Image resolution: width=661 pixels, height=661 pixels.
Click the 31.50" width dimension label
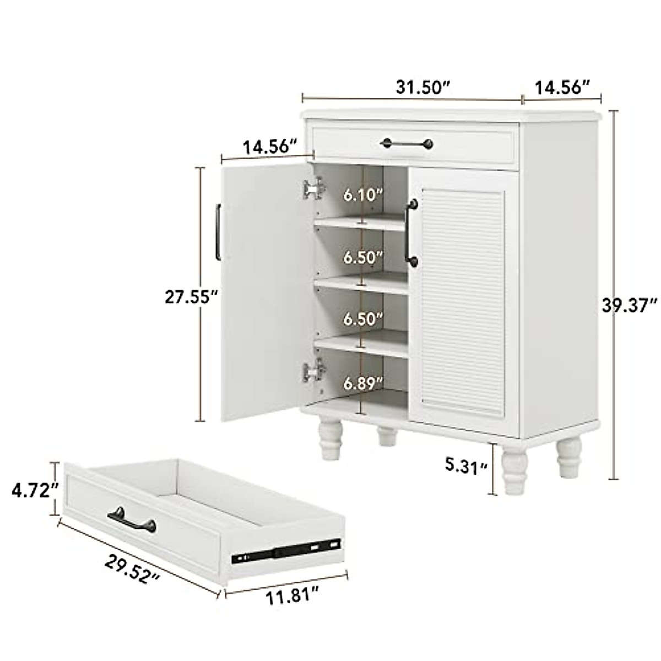pos(423,87)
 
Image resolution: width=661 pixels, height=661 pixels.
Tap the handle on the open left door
pos(219,231)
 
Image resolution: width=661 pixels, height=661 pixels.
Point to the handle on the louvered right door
pos(410,234)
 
